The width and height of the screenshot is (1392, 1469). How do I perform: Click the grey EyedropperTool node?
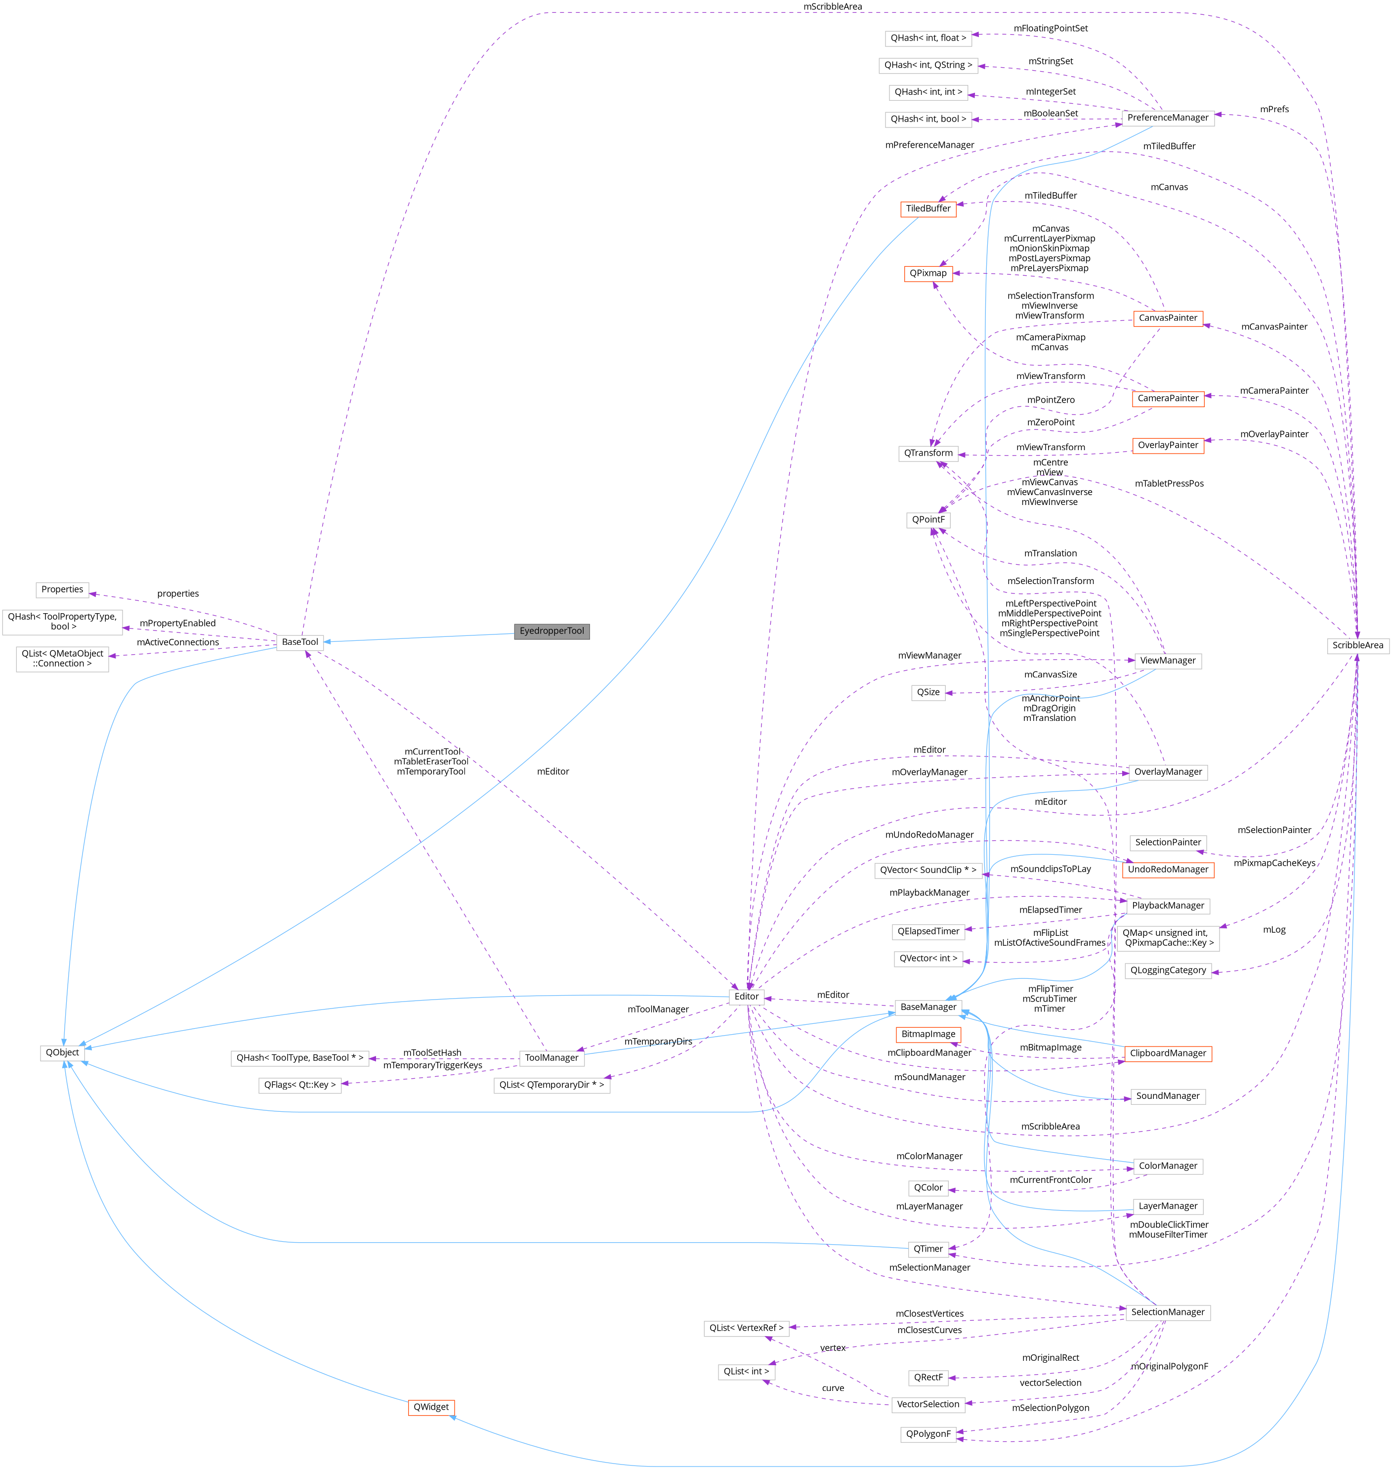pyautogui.click(x=551, y=630)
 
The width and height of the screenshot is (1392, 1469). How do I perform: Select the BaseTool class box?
pyautogui.click(x=300, y=642)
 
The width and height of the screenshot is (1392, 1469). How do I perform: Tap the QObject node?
pyautogui.click(x=62, y=1052)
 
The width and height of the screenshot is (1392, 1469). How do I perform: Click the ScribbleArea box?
pyautogui.click(x=1357, y=645)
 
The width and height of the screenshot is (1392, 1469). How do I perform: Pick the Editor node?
pyautogui.click(x=747, y=997)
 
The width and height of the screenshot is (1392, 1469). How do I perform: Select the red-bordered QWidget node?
pyautogui.click(x=430, y=1407)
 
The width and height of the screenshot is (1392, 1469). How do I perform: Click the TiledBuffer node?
pyautogui.click(x=928, y=209)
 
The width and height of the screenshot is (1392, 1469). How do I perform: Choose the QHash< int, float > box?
pyautogui.click(x=928, y=38)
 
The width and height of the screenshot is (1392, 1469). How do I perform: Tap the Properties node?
pyautogui.click(x=62, y=589)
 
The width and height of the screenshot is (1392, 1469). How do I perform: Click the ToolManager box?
pyautogui.click(x=551, y=1057)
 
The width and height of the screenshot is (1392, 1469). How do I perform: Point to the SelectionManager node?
pyautogui.click(x=1167, y=1312)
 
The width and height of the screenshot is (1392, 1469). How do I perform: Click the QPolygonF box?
pyautogui.click(x=928, y=1434)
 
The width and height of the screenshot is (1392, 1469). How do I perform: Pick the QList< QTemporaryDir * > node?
pyautogui.click(x=551, y=1085)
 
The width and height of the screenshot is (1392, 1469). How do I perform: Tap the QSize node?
pyautogui.click(x=928, y=692)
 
